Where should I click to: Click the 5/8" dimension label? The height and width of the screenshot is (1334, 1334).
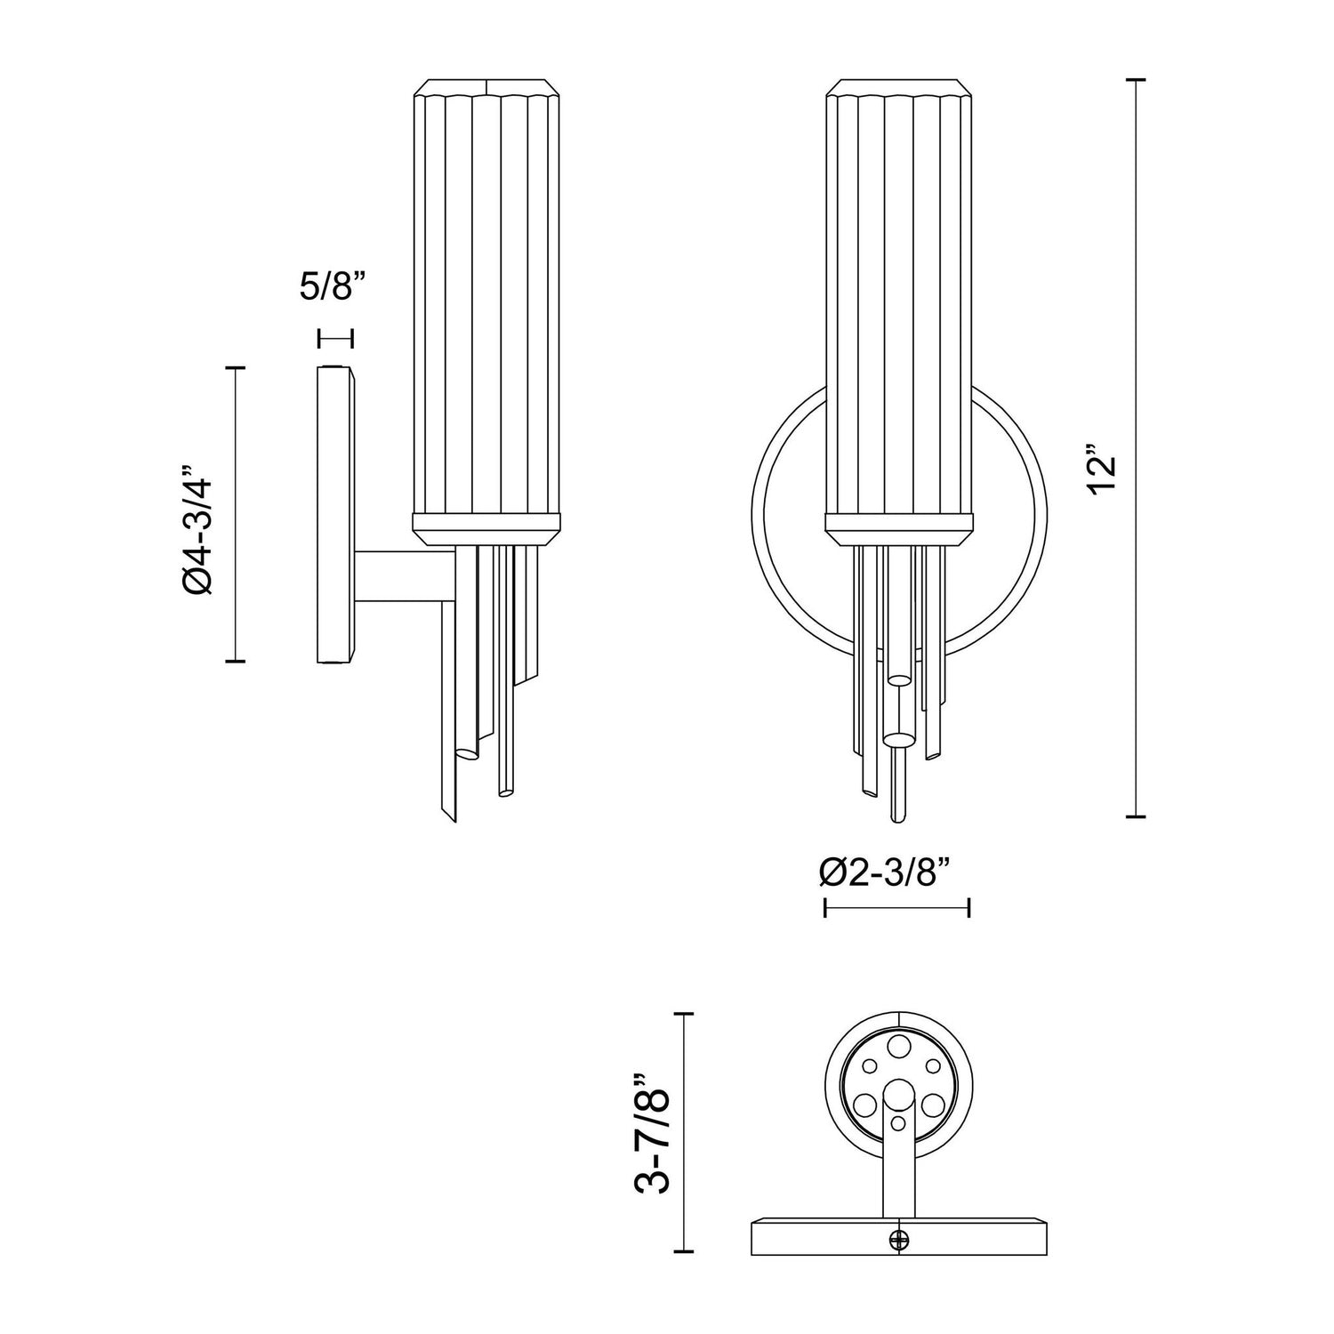click(x=333, y=289)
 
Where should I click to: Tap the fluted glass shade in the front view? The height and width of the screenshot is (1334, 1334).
click(x=898, y=302)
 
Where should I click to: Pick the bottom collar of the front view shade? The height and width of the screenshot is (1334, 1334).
click(x=898, y=530)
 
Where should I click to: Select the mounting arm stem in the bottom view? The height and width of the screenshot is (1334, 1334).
click(x=898, y=1165)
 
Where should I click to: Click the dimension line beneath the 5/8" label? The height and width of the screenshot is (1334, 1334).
click(x=335, y=338)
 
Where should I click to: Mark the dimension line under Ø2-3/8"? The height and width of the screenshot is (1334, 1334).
click(x=896, y=907)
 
